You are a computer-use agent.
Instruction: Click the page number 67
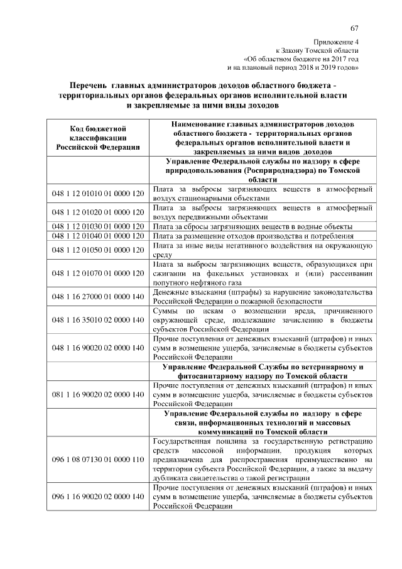355,28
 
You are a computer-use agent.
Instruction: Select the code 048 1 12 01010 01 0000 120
98,192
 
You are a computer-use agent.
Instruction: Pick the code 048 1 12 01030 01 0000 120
98,226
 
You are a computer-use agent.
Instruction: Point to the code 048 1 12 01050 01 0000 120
98,250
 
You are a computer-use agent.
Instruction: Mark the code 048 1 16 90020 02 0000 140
98,346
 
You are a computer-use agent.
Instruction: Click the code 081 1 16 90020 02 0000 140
98,394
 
